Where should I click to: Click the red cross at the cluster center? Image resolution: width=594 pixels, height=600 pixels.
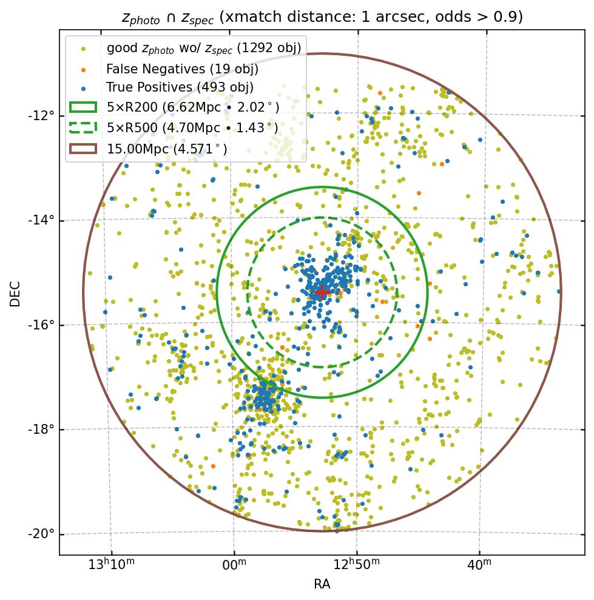point(322,292)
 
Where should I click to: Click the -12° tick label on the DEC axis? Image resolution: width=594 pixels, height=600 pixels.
point(42,115)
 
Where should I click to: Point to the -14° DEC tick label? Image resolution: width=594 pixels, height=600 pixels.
point(42,220)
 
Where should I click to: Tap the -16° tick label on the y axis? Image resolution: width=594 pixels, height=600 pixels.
point(42,325)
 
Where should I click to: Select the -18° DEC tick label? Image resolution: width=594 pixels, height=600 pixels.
point(42,429)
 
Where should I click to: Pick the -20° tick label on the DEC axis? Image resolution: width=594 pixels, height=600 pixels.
point(42,534)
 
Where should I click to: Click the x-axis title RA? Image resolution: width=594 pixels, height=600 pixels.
point(322,584)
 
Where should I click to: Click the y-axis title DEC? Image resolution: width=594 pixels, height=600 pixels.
point(15,293)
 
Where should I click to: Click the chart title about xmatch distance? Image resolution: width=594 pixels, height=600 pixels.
point(322,17)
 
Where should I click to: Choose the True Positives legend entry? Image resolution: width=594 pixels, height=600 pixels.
point(180,87)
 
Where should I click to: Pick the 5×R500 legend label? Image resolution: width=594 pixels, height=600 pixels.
point(192,127)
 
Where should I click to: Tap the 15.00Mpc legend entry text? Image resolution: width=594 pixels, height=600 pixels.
point(167,147)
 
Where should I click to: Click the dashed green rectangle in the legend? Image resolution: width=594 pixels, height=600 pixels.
point(83,127)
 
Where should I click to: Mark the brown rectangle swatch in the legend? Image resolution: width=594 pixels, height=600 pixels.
point(83,147)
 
